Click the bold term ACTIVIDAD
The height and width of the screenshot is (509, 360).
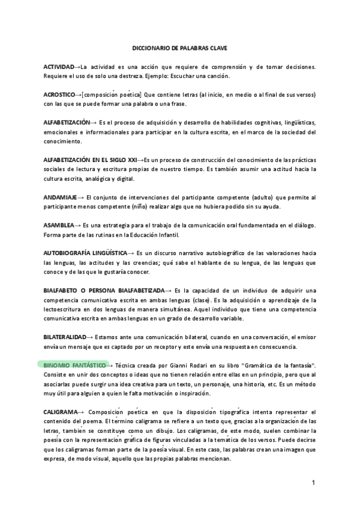[x=58, y=65]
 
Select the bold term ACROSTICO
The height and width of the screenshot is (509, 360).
[x=59, y=95]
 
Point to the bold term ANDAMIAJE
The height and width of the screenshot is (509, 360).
[x=59, y=197]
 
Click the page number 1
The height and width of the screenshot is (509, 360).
[x=313, y=483]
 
